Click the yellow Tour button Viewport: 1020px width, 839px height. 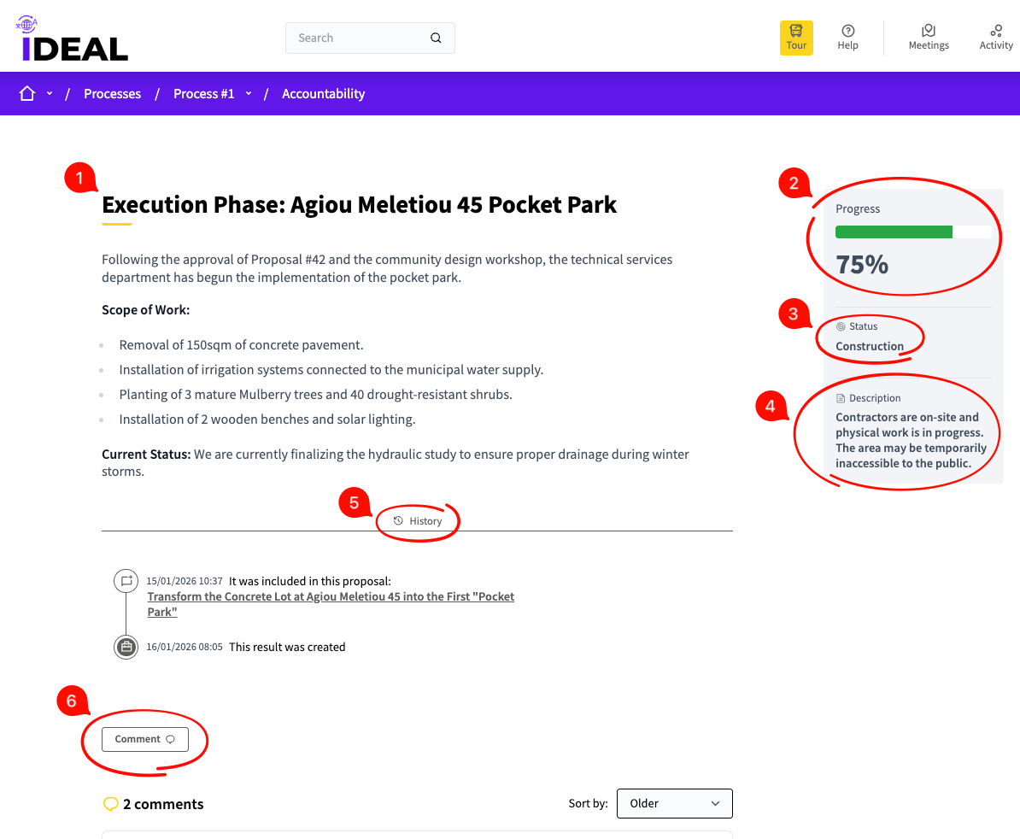click(796, 38)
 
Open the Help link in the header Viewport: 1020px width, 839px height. click(847, 38)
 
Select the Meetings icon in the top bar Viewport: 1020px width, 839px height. click(929, 31)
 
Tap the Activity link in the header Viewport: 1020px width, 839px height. click(996, 38)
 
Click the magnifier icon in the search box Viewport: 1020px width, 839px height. click(436, 38)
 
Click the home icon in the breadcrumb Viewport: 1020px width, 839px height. click(27, 94)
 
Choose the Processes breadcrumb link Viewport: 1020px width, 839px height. click(113, 94)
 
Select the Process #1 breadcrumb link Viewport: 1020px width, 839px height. click(203, 94)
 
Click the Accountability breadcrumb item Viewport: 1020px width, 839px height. click(323, 94)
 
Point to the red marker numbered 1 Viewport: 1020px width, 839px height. click(80, 178)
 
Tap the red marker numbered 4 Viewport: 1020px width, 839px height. click(771, 406)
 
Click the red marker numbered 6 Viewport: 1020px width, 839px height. click(73, 701)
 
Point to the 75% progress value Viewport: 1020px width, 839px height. click(862, 265)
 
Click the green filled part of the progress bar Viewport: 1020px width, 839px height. click(894, 232)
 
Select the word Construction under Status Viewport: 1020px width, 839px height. click(870, 346)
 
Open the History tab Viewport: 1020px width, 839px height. click(418, 521)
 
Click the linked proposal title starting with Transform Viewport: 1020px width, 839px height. click(331, 604)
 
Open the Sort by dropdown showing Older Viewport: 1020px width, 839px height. click(675, 803)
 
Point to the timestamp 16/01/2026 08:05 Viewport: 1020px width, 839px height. click(184, 647)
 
